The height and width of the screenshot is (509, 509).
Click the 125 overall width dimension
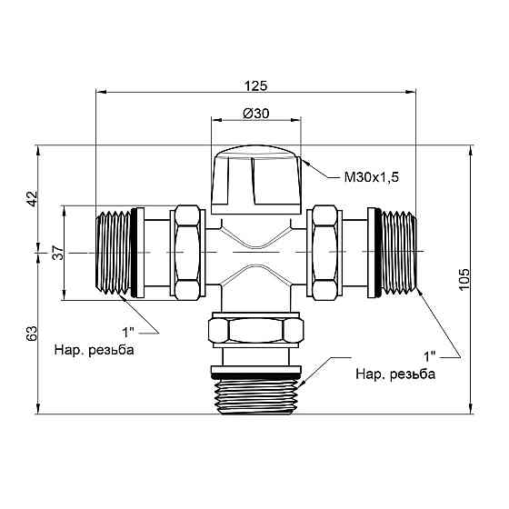click(255, 85)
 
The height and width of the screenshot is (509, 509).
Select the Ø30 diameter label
click(255, 114)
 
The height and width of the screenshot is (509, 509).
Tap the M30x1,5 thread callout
click(371, 177)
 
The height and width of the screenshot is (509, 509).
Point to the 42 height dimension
click(32, 198)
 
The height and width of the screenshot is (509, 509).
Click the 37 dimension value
click(56, 253)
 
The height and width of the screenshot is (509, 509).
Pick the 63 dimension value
click(32, 334)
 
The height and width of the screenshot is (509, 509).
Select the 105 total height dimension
click(464, 279)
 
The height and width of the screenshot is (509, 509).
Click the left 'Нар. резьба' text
click(94, 351)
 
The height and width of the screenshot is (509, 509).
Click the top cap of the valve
click(255, 178)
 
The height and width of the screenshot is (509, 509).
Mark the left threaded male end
click(113, 252)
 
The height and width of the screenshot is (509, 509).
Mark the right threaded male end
click(398, 252)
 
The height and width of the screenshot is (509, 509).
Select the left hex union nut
click(187, 252)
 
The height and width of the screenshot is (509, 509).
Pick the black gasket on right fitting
click(373, 252)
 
